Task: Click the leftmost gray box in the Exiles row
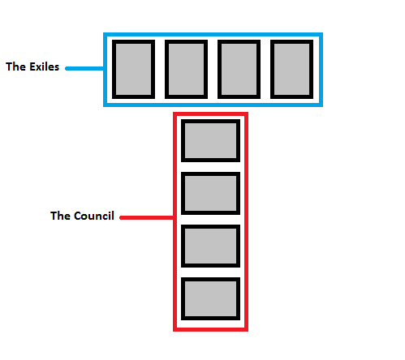(x=133, y=69)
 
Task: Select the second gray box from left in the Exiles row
(x=186, y=69)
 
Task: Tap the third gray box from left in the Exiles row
(x=239, y=69)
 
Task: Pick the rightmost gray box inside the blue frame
(x=291, y=69)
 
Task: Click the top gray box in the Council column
(x=210, y=140)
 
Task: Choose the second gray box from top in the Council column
(x=210, y=193)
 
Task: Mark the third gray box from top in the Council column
(x=210, y=246)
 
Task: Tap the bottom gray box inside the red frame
(x=210, y=298)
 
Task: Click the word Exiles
(x=44, y=66)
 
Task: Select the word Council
(x=94, y=216)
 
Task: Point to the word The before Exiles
(x=16, y=66)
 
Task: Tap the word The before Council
(x=61, y=216)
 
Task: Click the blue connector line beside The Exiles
(x=84, y=68)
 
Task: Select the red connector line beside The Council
(x=147, y=217)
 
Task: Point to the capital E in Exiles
(x=32, y=66)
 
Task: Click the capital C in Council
(x=78, y=216)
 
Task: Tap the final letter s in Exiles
(x=56, y=68)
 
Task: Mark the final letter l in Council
(x=113, y=216)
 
